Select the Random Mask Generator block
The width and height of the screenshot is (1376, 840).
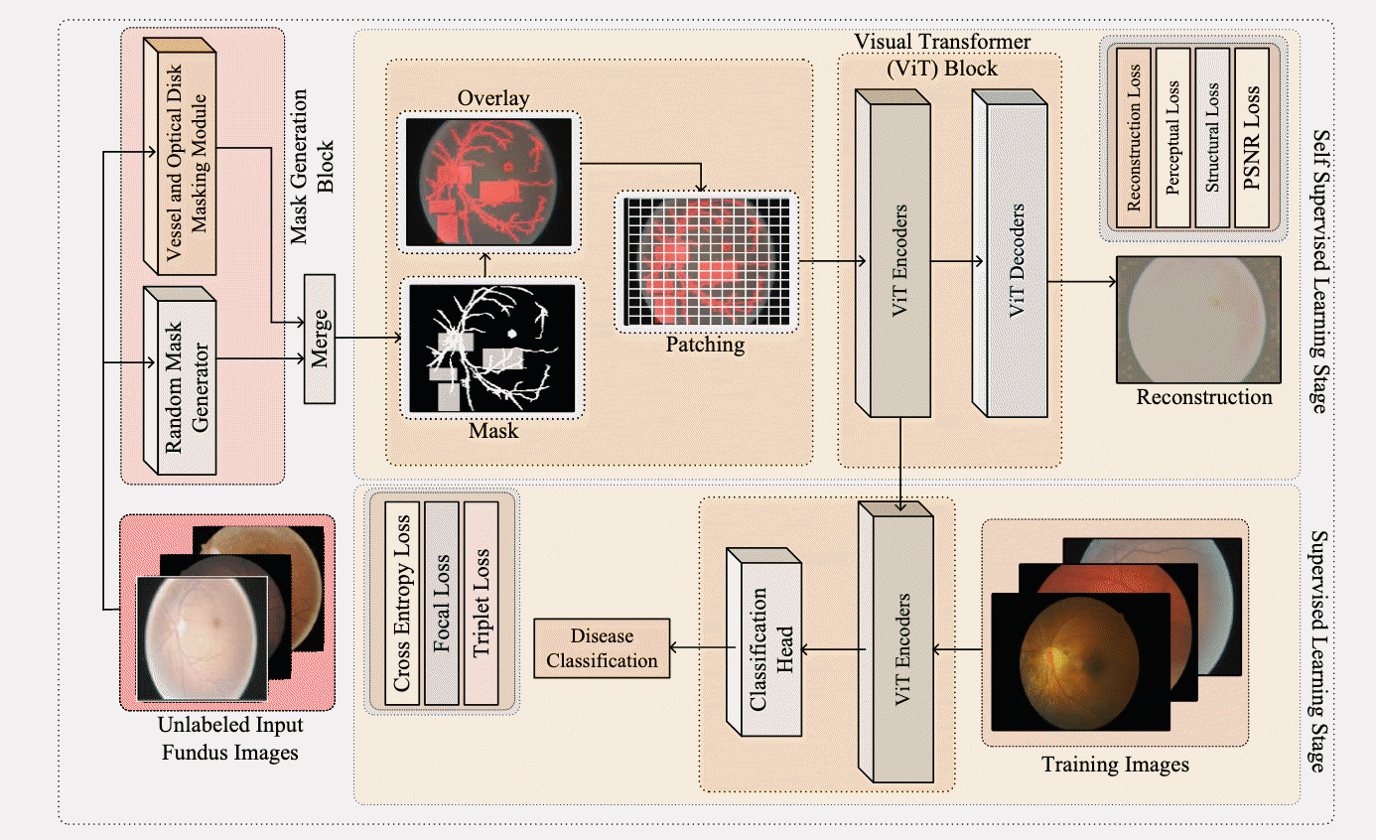click(x=179, y=381)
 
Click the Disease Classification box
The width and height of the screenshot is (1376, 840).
click(x=602, y=648)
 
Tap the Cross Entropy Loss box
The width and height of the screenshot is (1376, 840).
click(x=402, y=603)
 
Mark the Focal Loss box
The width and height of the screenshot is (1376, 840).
click(x=442, y=603)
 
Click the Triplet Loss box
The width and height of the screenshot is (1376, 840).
click(x=482, y=603)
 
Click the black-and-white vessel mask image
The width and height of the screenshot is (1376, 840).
click(x=492, y=348)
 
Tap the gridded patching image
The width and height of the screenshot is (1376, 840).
click(x=706, y=260)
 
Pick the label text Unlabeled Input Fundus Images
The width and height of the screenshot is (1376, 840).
click(x=229, y=738)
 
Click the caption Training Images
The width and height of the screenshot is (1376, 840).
click(x=1115, y=766)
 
